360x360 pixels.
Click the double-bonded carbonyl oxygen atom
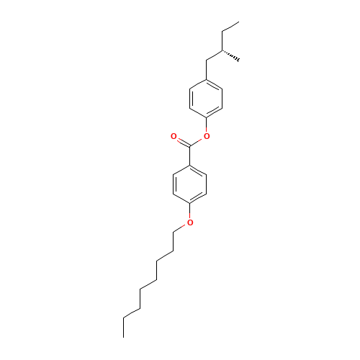pyautogui.click(x=174, y=135)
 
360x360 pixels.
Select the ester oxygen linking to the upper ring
pyautogui.click(x=207, y=135)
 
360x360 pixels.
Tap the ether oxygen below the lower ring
pyautogui.click(x=190, y=222)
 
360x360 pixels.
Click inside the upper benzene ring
pyautogui.click(x=207, y=98)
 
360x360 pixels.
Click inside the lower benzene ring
pyautogui.click(x=190, y=184)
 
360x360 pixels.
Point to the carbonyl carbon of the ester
pyautogui.click(x=190, y=146)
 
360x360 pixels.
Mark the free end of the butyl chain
pyautogui.click(x=238, y=23)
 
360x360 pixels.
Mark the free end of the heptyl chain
pyautogui.click(x=124, y=317)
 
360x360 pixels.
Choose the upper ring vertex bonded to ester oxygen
pyautogui.click(x=207, y=117)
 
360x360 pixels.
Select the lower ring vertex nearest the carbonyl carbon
pyautogui.click(x=190, y=165)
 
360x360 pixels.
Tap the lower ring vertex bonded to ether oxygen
pyautogui.click(x=190, y=204)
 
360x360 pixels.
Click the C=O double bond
pyautogui.click(x=181, y=140)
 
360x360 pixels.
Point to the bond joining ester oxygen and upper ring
pyautogui.click(x=207, y=126)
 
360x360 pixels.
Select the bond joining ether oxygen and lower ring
pyautogui.click(x=190, y=213)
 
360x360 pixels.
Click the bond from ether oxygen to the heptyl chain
pyautogui.click(x=181, y=228)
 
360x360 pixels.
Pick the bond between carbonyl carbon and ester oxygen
pyautogui.click(x=199, y=141)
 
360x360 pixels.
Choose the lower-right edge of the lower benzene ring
pyautogui.click(x=199, y=199)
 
